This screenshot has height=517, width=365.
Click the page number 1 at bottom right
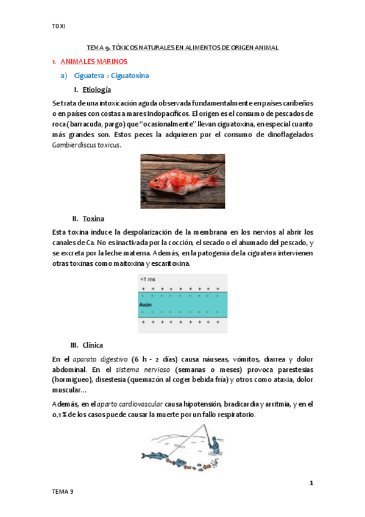point(311,483)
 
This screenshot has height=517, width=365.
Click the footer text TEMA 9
point(63,491)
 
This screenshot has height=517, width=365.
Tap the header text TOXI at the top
point(59,26)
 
